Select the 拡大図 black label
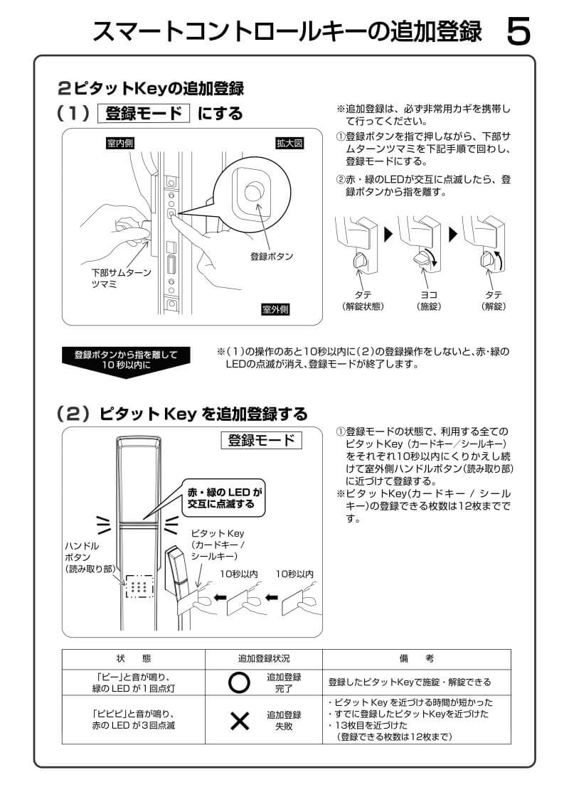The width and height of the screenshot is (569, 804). [x=289, y=144]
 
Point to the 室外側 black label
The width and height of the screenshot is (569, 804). [x=275, y=309]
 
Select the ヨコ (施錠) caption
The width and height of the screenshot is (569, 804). [x=429, y=300]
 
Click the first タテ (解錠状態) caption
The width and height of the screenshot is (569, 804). [x=363, y=300]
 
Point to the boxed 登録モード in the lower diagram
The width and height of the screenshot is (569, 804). [x=260, y=441]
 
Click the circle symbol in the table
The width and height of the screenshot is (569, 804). [x=240, y=682]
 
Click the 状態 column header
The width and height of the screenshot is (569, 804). [x=133, y=659]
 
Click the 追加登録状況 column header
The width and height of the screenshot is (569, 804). [x=264, y=659]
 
